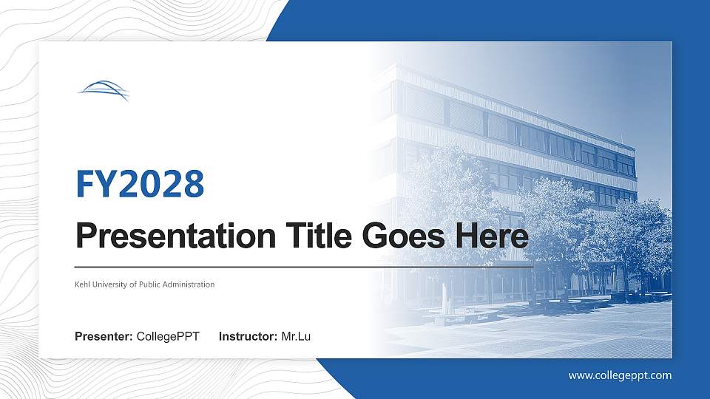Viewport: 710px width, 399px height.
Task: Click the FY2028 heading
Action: pos(140,183)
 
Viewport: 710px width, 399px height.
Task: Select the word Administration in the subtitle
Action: pos(189,284)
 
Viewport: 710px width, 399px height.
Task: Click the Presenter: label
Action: pos(104,337)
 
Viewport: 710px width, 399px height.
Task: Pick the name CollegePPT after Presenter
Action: pos(168,337)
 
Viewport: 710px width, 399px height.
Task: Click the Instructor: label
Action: pos(248,337)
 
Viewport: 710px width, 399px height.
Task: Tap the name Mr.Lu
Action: pos(296,337)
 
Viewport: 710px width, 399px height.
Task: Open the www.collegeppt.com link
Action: pos(620,375)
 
